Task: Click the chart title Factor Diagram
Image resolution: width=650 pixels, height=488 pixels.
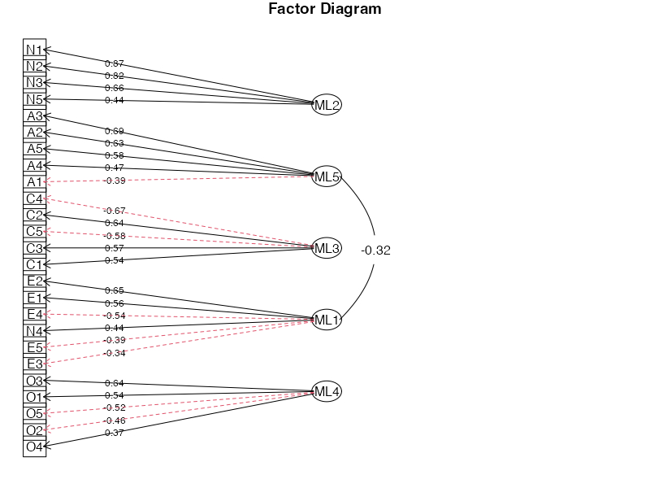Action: click(x=325, y=10)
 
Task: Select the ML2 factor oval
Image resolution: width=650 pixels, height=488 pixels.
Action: click(x=327, y=104)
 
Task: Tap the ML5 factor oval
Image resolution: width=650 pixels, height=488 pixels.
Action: click(x=327, y=176)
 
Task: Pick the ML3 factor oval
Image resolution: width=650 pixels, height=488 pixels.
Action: click(x=327, y=248)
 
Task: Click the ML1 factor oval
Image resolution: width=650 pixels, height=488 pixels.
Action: click(x=327, y=320)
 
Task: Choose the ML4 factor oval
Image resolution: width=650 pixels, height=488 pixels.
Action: click(x=327, y=392)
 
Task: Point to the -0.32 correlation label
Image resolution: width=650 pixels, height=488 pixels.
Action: click(x=376, y=251)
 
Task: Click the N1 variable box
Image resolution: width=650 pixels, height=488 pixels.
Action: click(x=34, y=50)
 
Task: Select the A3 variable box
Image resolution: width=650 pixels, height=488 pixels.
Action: click(x=34, y=115)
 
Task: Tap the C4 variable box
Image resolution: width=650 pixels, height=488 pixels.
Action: click(x=34, y=198)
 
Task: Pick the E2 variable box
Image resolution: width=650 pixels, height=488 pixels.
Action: click(x=34, y=281)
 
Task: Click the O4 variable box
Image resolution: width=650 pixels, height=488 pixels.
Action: click(x=34, y=447)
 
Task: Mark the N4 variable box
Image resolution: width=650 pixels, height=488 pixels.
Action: click(x=34, y=331)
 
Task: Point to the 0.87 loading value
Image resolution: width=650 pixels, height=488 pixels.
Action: click(x=115, y=63)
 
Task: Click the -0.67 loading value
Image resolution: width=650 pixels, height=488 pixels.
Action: click(x=115, y=211)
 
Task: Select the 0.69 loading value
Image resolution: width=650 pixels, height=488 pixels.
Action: click(x=115, y=131)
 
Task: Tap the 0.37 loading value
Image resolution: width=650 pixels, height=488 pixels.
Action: click(x=115, y=433)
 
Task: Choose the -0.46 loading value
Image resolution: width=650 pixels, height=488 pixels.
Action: click(x=115, y=420)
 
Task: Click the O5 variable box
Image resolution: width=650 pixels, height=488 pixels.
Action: click(x=34, y=413)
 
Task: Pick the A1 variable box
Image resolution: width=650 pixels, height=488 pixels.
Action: click(x=34, y=181)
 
